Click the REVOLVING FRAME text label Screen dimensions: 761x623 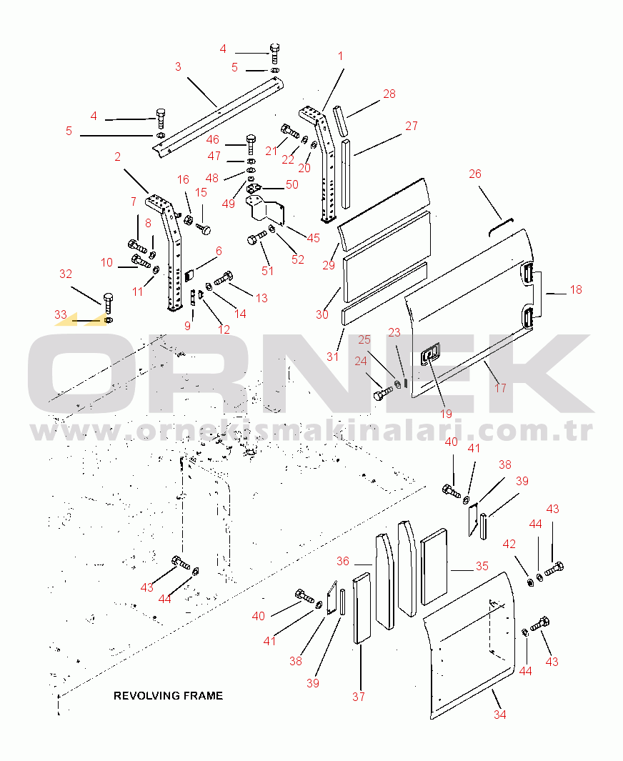pos(168,695)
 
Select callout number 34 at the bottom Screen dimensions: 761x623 pos(500,714)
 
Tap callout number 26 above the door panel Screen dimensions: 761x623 pos(475,174)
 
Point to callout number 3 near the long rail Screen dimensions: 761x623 pos(178,67)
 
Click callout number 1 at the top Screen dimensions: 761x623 pos(341,56)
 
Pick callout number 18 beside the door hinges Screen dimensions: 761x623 pos(576,289)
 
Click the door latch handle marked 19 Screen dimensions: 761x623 pos(430,355)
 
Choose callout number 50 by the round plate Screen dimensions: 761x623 pos(291,184)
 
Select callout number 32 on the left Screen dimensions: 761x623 pos(66,274)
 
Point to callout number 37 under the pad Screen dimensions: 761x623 pos(359,697)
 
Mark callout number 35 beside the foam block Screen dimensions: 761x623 pos(482,566)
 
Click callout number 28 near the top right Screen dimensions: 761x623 pos(389,94)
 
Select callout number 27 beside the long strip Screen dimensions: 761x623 pos(412,126)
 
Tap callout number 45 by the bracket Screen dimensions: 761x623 pos(313,238)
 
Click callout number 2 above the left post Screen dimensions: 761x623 pos(117,156)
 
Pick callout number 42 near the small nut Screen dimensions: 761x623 pos(509,544)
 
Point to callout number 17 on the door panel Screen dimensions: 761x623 pos(500,388)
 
